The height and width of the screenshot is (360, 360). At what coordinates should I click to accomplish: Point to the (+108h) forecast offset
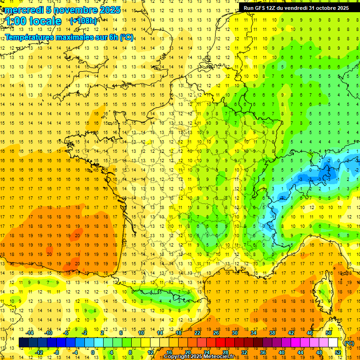[83, 21]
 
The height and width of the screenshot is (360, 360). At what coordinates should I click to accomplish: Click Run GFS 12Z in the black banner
[259, 8]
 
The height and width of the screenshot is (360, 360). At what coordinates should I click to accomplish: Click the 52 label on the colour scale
[338, 352]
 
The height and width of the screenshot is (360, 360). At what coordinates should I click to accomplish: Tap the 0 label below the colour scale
[93, 352]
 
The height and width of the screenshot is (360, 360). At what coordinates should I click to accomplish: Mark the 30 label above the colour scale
[234, 333]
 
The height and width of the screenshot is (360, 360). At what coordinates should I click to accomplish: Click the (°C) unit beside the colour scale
[349, 343]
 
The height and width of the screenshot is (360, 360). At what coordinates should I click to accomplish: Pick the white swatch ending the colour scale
[333, 343]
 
